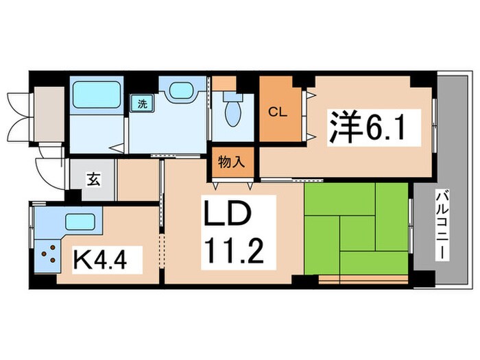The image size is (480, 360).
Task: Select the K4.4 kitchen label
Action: tap(108, 260)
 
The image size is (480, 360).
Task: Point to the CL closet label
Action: tap(276, 112)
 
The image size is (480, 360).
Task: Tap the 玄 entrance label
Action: tap(91, 180)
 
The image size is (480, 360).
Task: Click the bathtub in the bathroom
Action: tap(95, 93)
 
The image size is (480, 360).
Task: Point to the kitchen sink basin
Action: tap(80, 222)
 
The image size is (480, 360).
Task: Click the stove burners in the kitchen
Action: tap(48, 255)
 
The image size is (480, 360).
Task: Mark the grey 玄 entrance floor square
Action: tap(92, 180)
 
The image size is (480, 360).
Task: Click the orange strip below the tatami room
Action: tap(364, 279)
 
